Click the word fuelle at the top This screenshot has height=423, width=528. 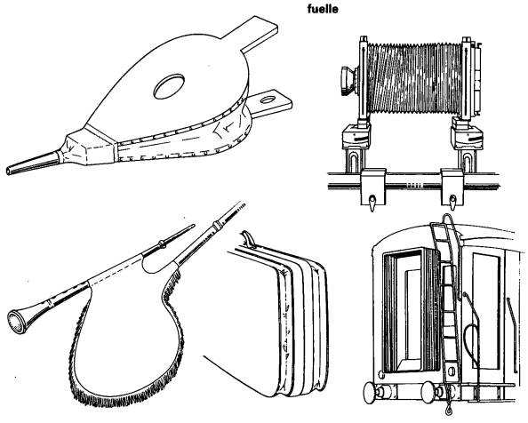pos(323,9)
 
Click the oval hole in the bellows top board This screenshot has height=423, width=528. pos(169,86)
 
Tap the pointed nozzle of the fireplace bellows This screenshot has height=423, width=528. pos(33,164)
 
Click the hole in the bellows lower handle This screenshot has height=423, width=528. pos(268,100)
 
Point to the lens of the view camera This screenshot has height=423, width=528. pos(348,81)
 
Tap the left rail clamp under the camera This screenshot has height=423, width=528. pos(372,188)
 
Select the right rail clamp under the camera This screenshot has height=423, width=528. pos(452,188)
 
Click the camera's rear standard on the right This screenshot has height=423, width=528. pos(468,81)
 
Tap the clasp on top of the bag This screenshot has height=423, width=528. pos(247,239)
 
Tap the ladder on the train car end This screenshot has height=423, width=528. pos(446,296)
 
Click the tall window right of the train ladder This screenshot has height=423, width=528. pos(485,309)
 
